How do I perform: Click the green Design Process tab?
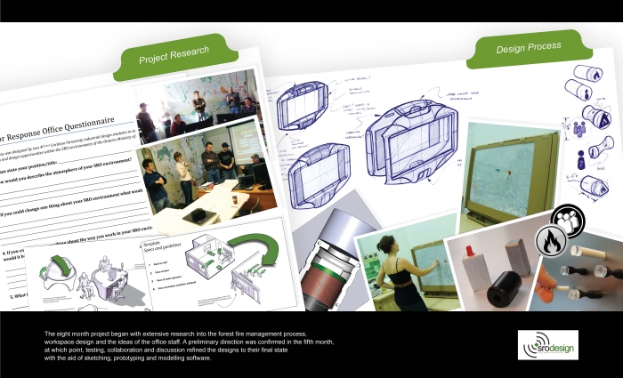529,46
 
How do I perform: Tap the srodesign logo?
547,344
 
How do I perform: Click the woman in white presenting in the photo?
184,174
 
